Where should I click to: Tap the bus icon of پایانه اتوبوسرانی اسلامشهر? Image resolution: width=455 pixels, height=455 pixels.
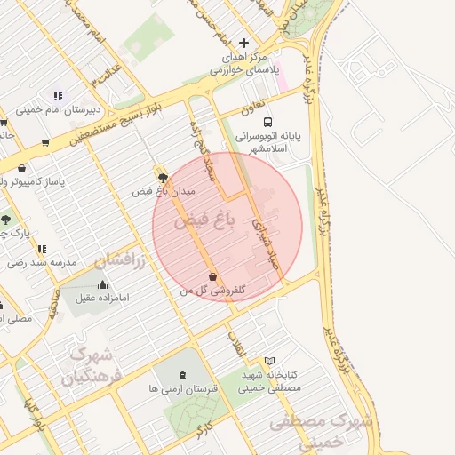(x=268, y=123)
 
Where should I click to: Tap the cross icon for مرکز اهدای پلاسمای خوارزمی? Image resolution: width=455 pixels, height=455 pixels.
(x=244, y=43)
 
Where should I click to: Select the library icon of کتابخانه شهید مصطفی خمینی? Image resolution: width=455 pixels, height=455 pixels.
(x=270, y=361)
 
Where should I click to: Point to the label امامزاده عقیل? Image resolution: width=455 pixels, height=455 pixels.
(x=103, y=298)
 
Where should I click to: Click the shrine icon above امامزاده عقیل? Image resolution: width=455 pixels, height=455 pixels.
(x=103, y=285)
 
